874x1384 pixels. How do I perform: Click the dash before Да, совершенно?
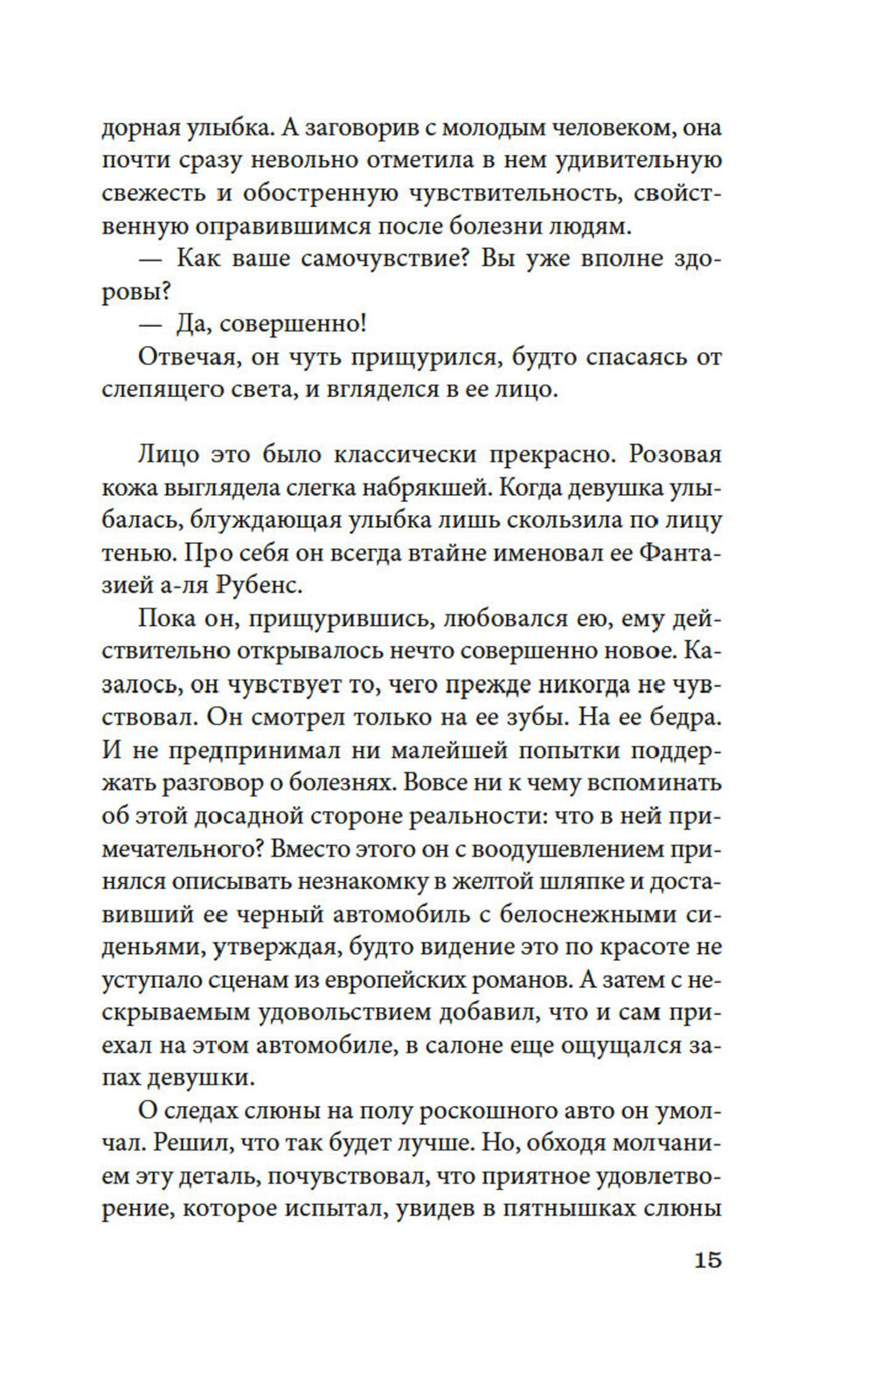point(152,325)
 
